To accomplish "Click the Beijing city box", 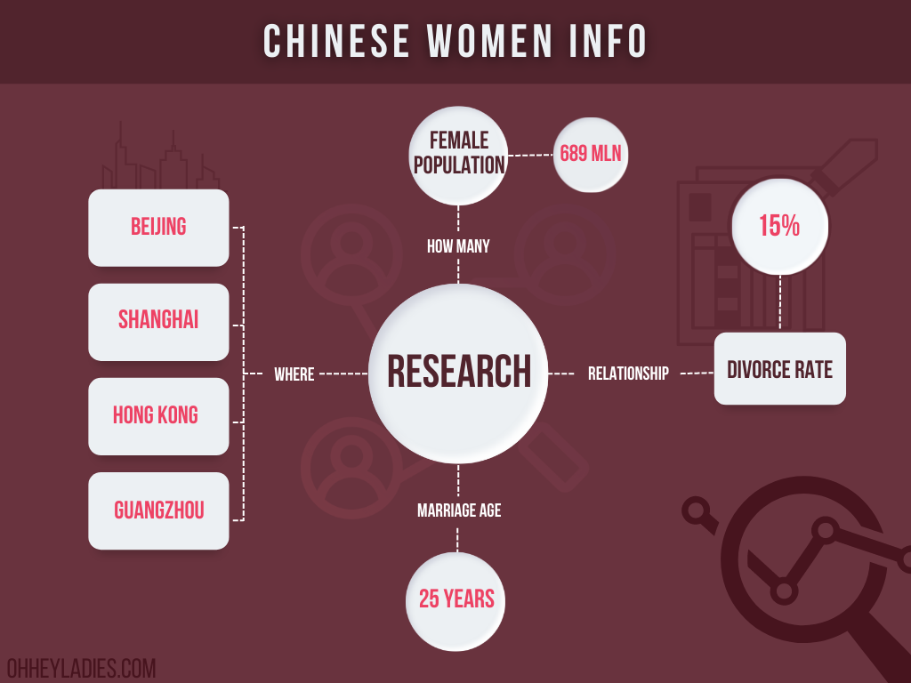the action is click(x=158, y=228).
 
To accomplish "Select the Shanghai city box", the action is click(x=158, y=322).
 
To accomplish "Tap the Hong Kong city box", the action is click(x=158, y=416).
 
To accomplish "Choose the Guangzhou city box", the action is click(x=158, y=511).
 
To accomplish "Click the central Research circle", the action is click(x=458, y=374).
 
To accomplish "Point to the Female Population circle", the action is click(x=458, y=155).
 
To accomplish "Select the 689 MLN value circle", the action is click(x=591, y=155).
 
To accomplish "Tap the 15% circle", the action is click(x=779, y=227).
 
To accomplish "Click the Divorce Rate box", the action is click(x=779, y=369).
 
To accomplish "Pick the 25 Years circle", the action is click(x=455, y=601).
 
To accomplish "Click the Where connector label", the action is click(x=294, y=374).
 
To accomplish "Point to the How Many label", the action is click(x=458, y=246).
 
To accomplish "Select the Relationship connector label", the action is click(x=629, y=374).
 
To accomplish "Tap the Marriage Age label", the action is click(x=459, y=510).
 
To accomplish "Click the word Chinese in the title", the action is click(x=337, y=41).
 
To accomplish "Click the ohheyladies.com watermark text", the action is click(x=81, y=668).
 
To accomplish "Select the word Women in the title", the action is click(x=490, y=41).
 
